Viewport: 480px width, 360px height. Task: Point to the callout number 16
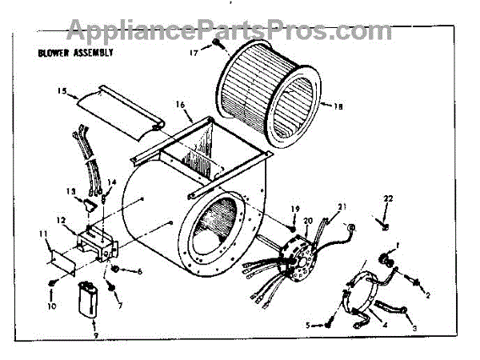179,105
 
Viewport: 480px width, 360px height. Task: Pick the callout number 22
389,198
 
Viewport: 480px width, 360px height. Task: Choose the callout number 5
308,325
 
